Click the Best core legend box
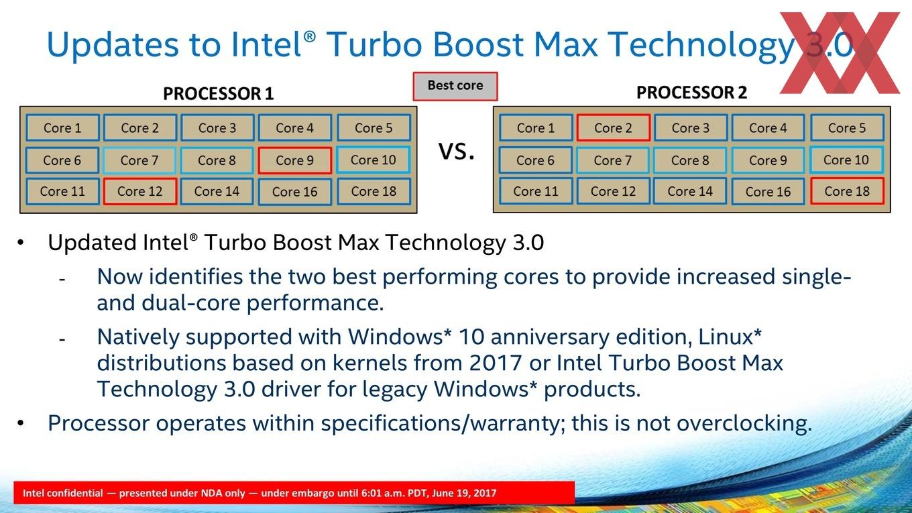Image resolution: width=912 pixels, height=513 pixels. (x=455, y=87)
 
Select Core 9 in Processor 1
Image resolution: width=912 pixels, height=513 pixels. (x=295, y=160)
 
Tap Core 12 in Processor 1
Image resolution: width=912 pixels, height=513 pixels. (x=140, y=191)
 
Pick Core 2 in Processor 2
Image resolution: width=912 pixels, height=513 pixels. (x=613, y=128)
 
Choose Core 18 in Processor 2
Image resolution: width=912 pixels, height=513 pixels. (x=847, y=191)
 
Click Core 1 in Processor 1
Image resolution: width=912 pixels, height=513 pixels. (x=63, y=128)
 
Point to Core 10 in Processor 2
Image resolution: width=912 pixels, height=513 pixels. (x=846, y=160)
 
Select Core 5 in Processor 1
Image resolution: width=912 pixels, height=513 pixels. (x=374, y=128)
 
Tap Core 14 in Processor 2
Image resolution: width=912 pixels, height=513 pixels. (x=690, y=191)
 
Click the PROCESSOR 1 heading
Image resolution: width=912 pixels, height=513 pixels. (x=218, y=94)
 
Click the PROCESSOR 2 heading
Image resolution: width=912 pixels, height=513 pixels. (x=692, y=93)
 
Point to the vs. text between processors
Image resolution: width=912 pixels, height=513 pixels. (x=457, y=151)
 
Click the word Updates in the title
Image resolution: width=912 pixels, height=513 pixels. (x=113, y=44)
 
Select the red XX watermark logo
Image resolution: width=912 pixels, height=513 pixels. (x=840, y=52)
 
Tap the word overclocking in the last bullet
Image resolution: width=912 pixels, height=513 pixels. (x=744, y=423)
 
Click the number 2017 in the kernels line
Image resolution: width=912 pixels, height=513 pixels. (x=496, y=363)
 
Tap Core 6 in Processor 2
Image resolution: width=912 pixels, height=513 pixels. (x=535, y=160)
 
